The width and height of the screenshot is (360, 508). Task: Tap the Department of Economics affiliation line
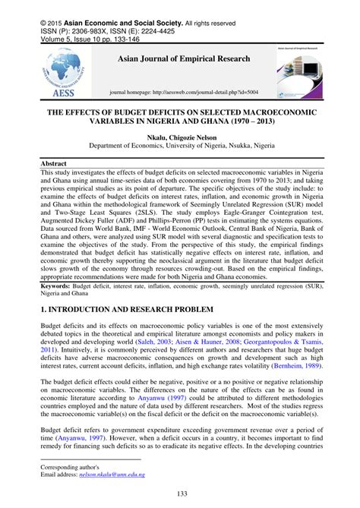[x=180, y=150]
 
